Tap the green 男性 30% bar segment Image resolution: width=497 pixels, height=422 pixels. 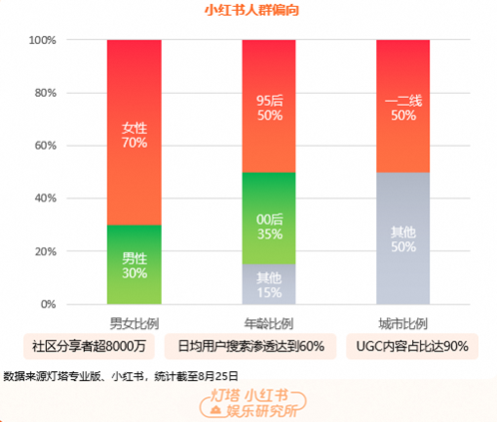134,265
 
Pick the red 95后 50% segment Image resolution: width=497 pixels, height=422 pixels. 268,107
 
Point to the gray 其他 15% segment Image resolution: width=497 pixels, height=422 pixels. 268,284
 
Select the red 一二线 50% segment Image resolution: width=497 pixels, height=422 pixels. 403,107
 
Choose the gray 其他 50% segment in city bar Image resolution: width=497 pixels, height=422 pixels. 403,238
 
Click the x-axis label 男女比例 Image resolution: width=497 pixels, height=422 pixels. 134,323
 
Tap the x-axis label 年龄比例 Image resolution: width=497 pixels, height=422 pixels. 268,323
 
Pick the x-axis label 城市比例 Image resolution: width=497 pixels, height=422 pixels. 403,323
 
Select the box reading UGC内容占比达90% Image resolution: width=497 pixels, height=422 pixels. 411,346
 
